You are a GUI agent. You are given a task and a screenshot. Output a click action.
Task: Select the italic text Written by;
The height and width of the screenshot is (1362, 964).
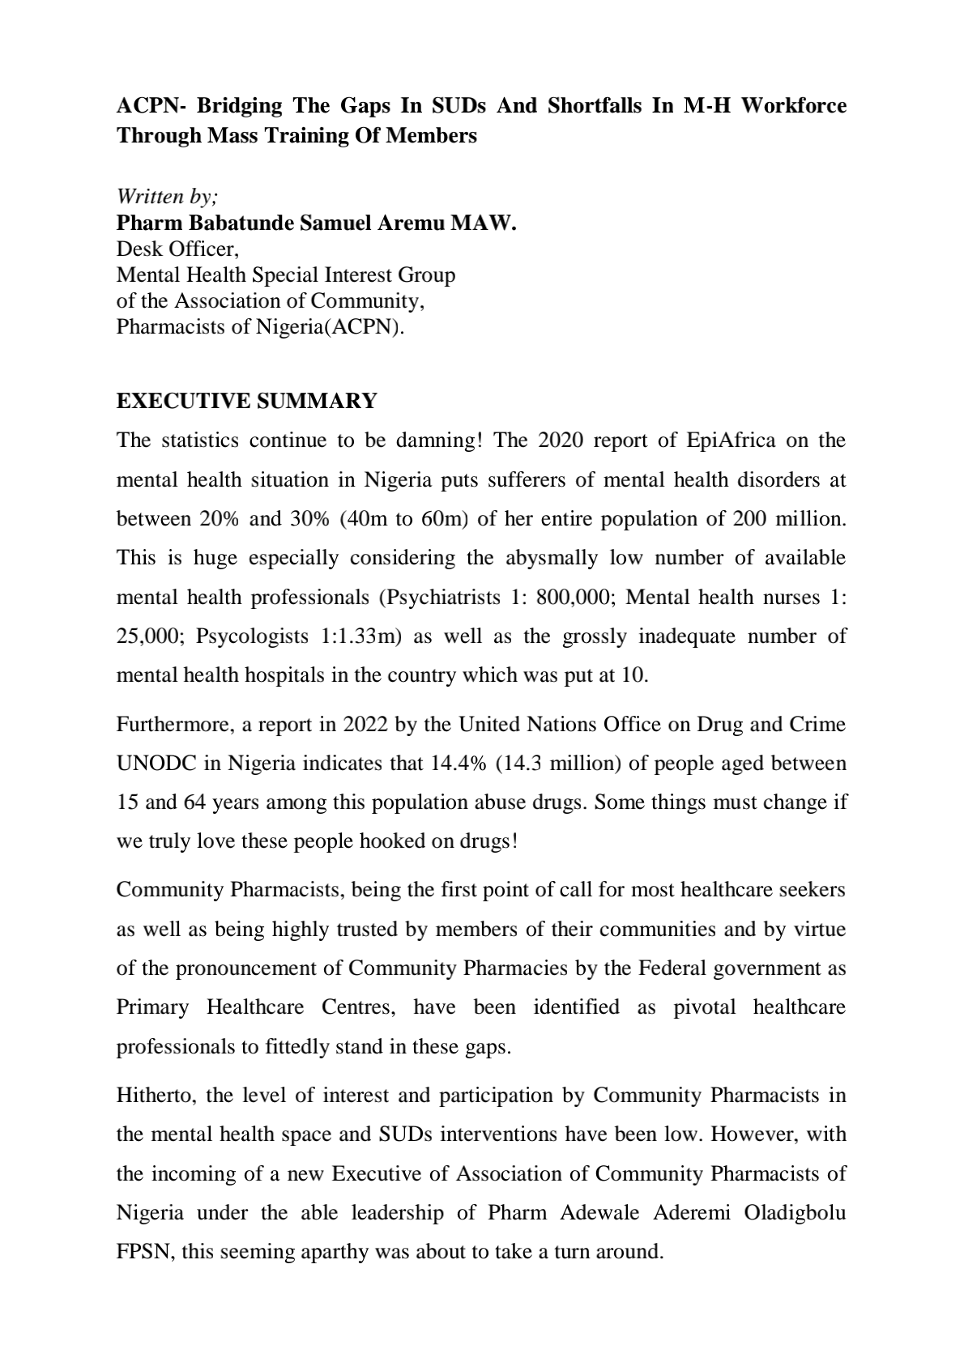coord(168,197)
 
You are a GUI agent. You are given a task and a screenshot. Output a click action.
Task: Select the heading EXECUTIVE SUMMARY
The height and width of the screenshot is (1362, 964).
coord(247,401)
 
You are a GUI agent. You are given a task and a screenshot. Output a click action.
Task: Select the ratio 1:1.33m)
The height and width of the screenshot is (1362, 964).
coord(361,636)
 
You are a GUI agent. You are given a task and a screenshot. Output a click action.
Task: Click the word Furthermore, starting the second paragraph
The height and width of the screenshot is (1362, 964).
coord(178,724)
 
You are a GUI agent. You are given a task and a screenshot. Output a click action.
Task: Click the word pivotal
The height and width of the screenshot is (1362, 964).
coord(705,1007)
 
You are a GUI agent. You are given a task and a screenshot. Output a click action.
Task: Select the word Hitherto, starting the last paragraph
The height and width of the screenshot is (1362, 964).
coord(157,1096)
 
